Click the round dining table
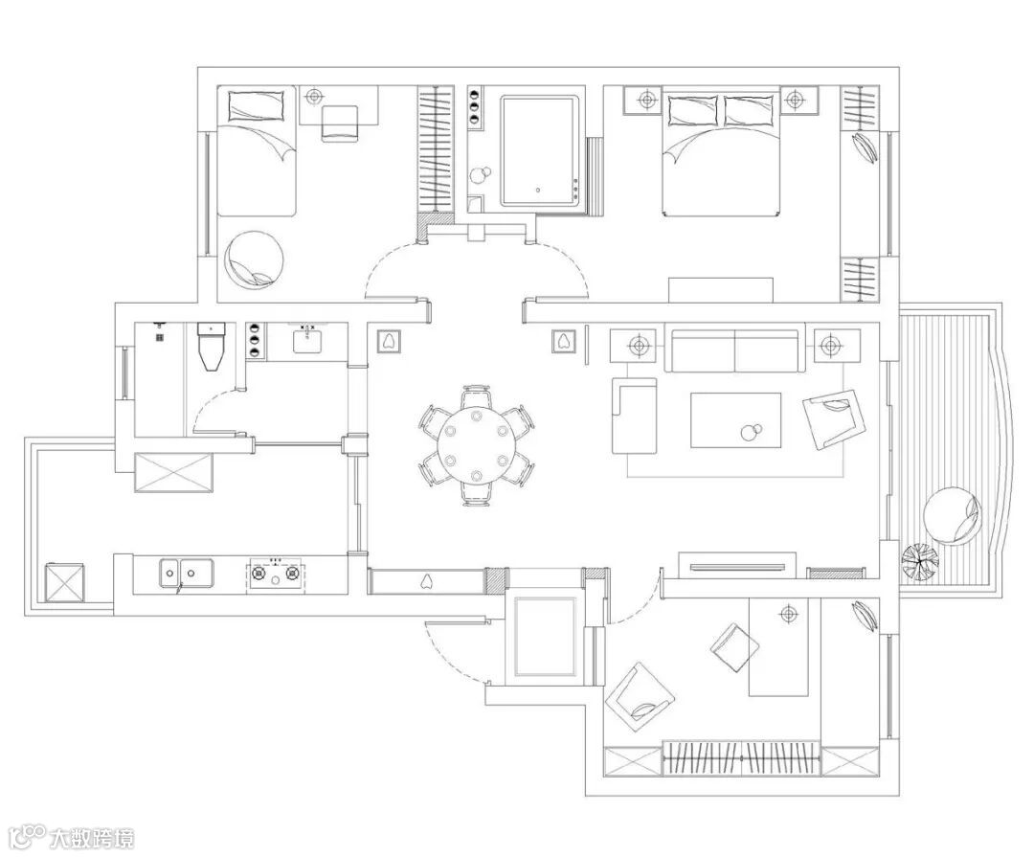476,445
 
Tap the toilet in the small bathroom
211,346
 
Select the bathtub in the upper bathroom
540,151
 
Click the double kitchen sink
186,573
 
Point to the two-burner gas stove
275,575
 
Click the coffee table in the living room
736,420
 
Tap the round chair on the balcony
952,516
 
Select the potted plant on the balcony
920,561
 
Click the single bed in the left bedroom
256,151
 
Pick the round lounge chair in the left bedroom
255,260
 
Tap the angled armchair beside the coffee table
834,419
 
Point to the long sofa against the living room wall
735,348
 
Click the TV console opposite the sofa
739,566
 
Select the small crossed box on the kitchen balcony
65,583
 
